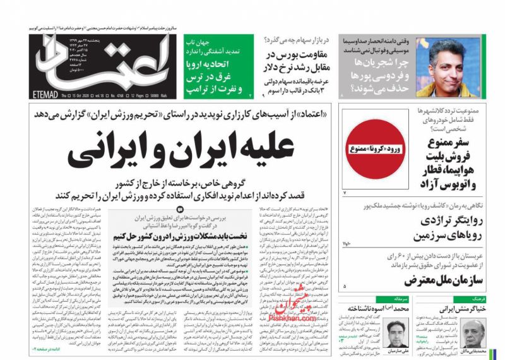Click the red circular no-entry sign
point(370,148)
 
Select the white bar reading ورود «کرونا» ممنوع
point(370,149)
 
